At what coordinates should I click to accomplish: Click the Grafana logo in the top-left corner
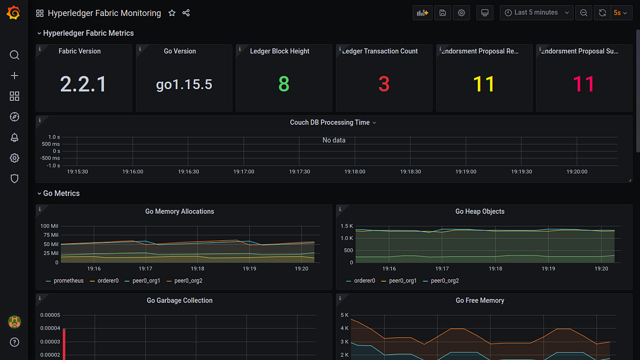14,13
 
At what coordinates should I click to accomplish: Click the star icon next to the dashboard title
172,13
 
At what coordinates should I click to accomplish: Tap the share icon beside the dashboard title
186,13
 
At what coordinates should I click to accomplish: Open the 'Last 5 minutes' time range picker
537,13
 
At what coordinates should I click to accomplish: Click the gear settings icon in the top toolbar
461,13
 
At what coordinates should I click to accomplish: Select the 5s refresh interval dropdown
620,13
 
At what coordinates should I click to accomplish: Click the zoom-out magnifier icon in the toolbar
584,13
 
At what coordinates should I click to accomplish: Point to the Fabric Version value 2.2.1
83,84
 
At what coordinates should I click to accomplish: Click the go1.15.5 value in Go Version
184,84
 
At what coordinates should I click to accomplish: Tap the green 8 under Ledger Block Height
284,84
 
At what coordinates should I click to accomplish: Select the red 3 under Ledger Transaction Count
384,84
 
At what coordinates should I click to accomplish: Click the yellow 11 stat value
484,84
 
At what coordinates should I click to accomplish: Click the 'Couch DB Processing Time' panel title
330,123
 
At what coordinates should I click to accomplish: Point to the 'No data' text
334,140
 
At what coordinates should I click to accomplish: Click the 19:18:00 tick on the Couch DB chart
355,172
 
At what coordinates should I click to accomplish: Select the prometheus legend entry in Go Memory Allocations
68,281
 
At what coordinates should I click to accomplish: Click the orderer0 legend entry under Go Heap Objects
364,281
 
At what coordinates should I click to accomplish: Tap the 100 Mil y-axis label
50,226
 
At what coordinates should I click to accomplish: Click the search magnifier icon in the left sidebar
14,55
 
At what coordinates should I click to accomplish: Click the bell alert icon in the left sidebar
14,138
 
